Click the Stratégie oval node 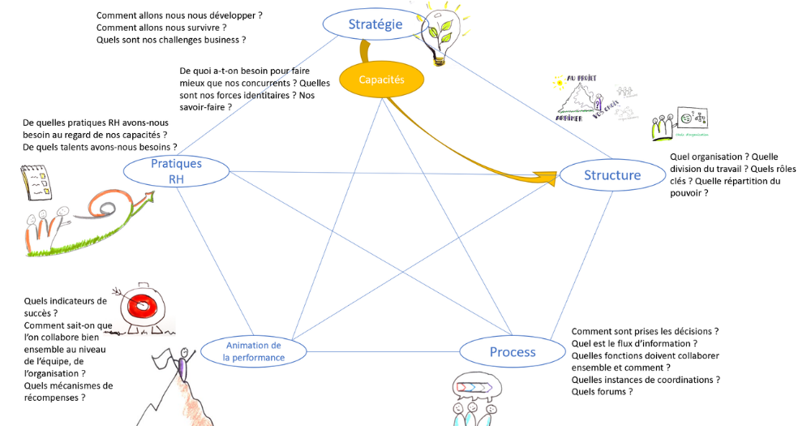375,24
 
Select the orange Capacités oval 381,80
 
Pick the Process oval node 512,352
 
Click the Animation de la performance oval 253,351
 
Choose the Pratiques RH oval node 176,171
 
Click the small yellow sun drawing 557,82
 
